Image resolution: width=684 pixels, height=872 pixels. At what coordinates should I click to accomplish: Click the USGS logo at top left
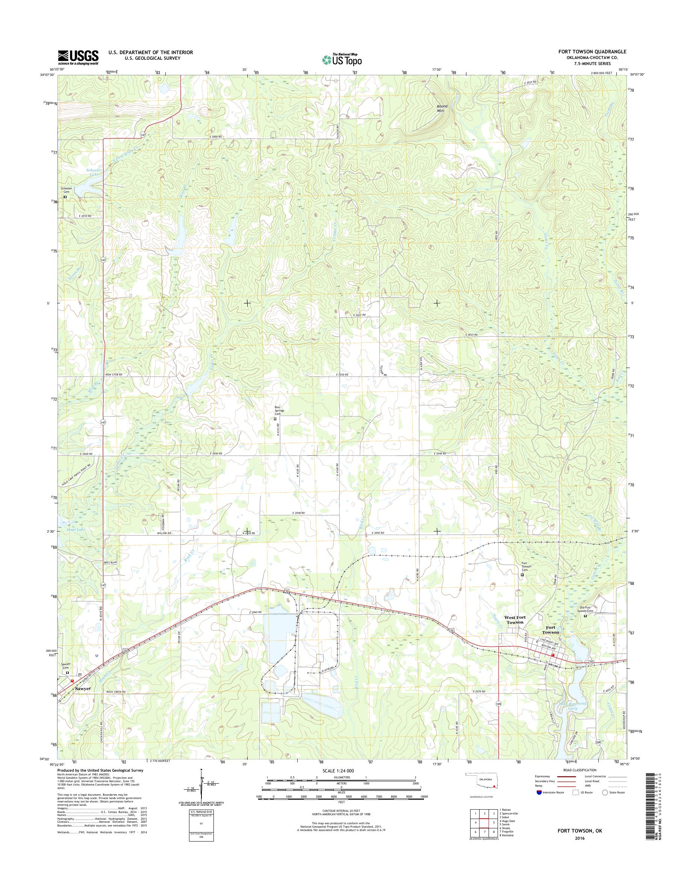(x=78, y=57)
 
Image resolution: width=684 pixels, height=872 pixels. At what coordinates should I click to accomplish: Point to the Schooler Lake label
(x=94, y=172)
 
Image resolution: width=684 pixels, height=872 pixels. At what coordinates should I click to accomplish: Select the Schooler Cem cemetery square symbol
(x=65, y=197)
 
